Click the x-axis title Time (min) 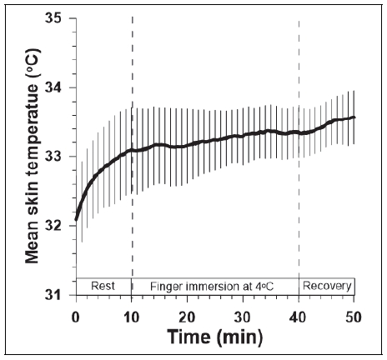pyautogui.click(x=215, y=337)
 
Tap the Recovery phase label pyautogui.click(x=327, y=286)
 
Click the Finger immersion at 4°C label pyautogui.click(x=215, y=286)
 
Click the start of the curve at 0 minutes pyautogui.click(x=76, y=220)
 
